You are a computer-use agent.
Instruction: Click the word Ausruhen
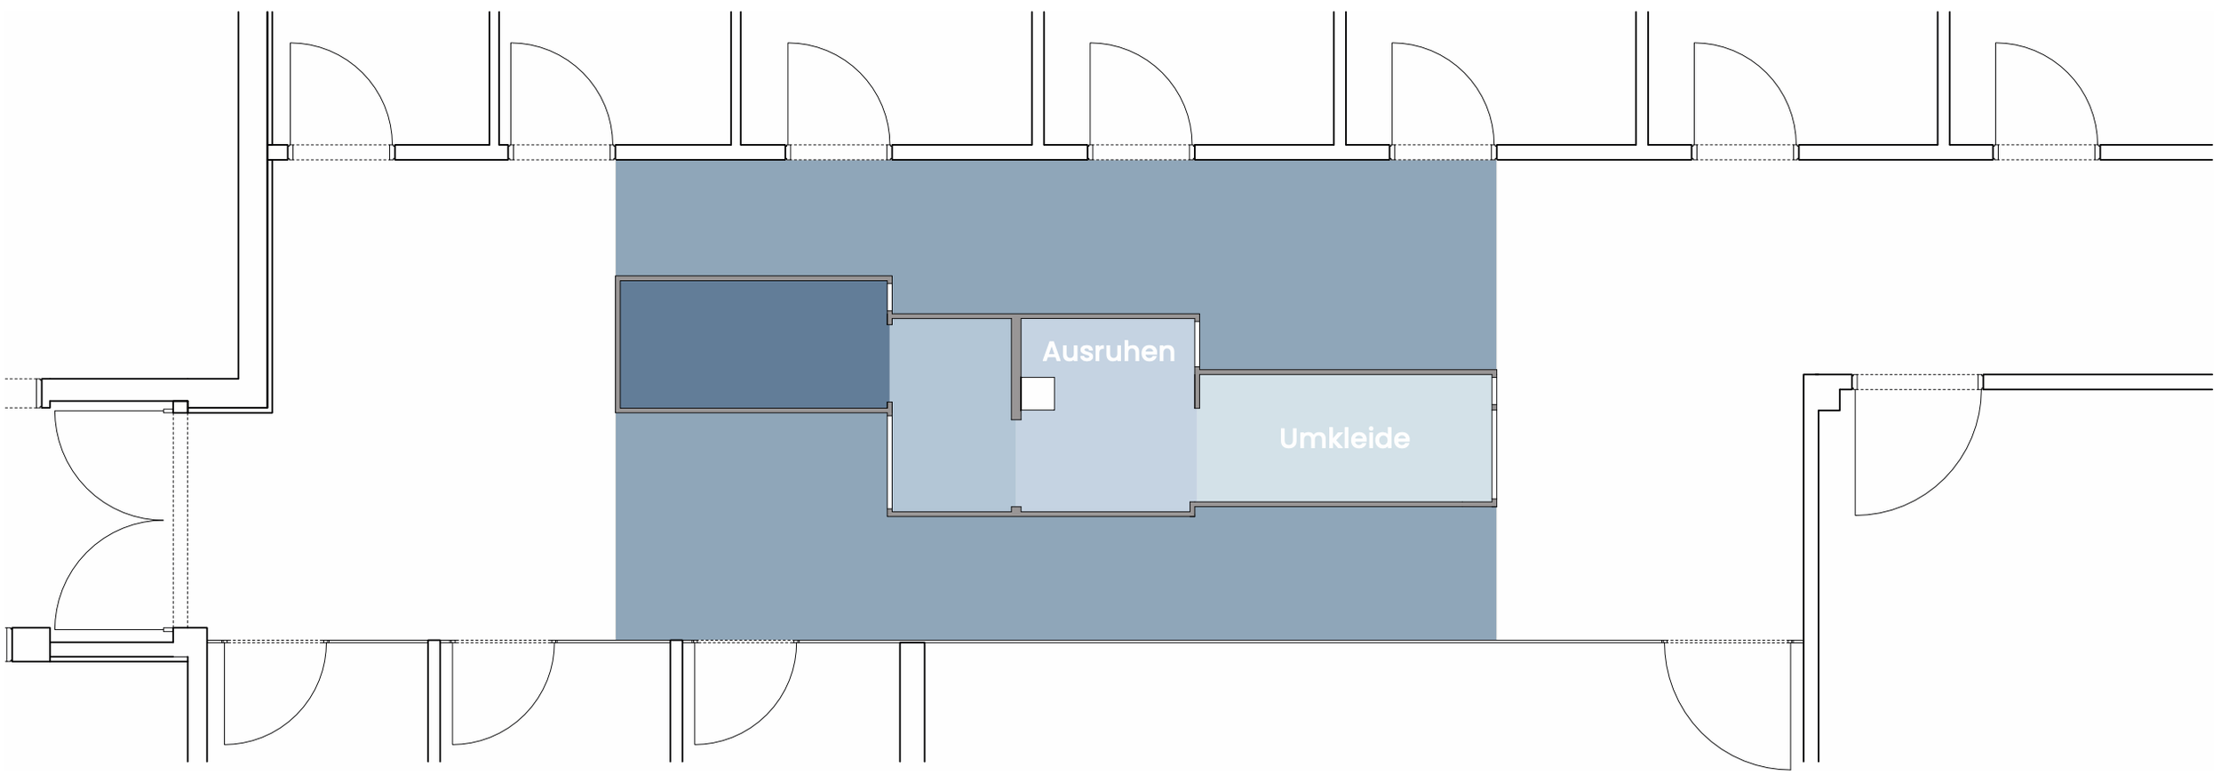point(1108,352)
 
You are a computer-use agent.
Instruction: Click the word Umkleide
point(1343,438)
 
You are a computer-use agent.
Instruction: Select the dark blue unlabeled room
point(752,344)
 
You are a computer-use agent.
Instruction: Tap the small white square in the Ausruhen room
point(1037,393)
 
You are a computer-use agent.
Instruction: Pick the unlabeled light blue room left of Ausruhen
point(951,415)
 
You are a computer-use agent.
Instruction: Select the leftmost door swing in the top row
point(333,98)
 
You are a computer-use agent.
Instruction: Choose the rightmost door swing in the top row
point(2039,98)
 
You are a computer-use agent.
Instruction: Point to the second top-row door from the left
point(553,98)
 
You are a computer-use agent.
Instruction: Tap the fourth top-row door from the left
point(1133,98)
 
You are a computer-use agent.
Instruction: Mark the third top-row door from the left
point(831,98)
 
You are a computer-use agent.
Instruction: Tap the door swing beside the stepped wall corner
point(1910,453)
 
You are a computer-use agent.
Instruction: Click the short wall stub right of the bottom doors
point(911,702)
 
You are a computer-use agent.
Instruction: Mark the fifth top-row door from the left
point(1435,98)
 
